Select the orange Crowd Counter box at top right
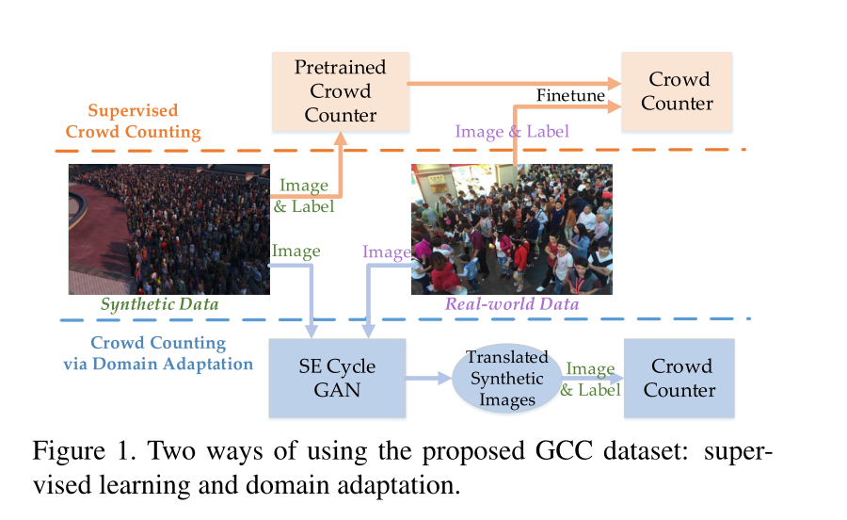(x=676, y=91)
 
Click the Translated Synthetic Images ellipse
(x=506, y=379)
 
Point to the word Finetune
(x=570, y=95)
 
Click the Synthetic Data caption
(x=159, y=304)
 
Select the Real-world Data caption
(x=512, y=304)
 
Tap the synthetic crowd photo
(x=168, y=229)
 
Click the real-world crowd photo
(x=511, y=229)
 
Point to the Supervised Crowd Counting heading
(x=133, y=121)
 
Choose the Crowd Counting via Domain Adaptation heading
(x=158, y=353)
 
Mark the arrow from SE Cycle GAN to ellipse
(x=429, y=379)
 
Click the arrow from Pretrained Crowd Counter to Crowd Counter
(x=513, y=83)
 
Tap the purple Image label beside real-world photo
(x=387, y=252)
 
